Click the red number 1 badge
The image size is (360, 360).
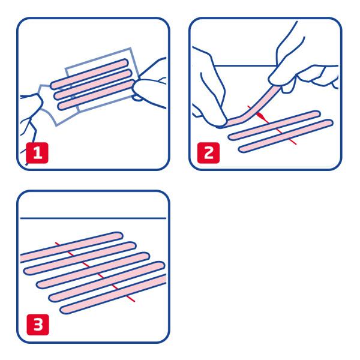pyautogui.click(x=37, y=152)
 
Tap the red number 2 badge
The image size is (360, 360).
pyautogui.click(x=208, y=152)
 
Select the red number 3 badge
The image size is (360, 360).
pyautogui.click(x=38, y=325)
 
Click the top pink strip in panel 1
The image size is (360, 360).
pyautogui.click(x=89, y=74)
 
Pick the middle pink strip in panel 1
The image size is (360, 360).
pyautogui.click(x=93, y=85)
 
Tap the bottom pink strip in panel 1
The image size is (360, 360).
pyautogui.click(x=97, y=95)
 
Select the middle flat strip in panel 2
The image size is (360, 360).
pyautogui.click(x=274, y=125)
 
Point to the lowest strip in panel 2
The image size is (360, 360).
pyautogui.click(x=286, y=136)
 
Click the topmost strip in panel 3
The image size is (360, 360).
pyautogui.click(x=71, y=247)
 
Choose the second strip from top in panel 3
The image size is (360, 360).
pyautogui.click(x=80, y=258)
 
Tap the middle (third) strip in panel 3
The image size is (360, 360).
pyautogui.click(x=93, y=270)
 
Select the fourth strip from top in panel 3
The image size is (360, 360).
pyautogui.click(x=107, y=281)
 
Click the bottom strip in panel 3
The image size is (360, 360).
pyautogui.click(x=113, y=294)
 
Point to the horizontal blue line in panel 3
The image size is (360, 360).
pyautogui.click(x=93, y=218)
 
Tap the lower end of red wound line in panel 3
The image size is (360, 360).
pyautogui.click(x=134, y=301)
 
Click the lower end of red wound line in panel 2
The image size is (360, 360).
pyautogui.click(x=296, y=144)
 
